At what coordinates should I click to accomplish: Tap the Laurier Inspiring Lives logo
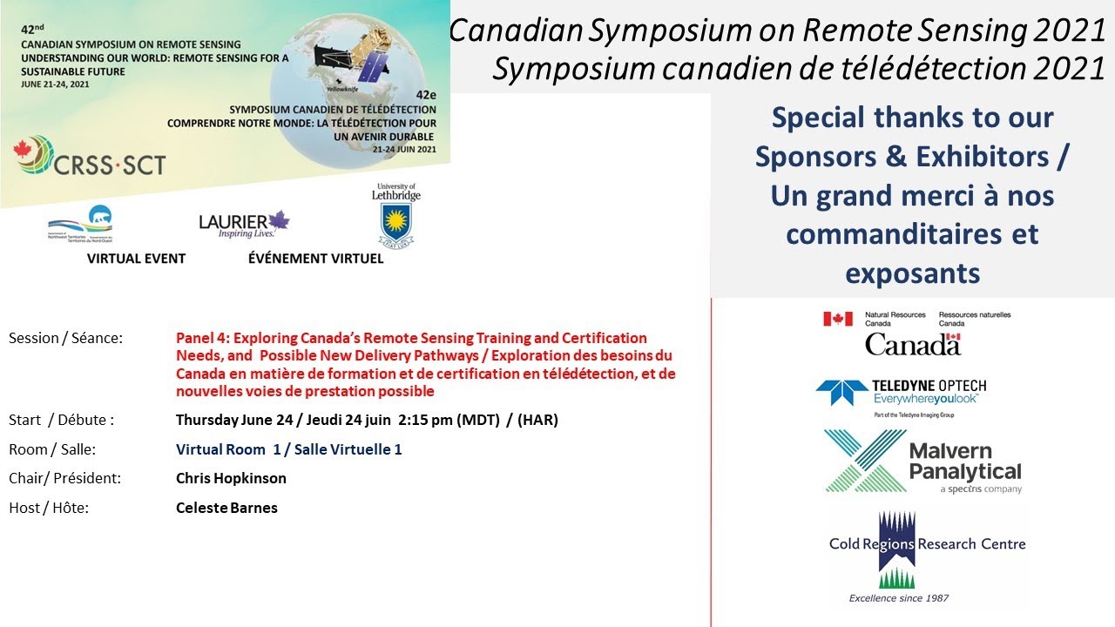(244, 224)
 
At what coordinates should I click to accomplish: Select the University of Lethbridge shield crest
(395, 223)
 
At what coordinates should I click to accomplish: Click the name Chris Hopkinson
(231, 478)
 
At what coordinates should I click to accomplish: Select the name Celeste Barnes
(226, 507)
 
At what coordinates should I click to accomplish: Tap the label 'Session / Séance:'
(65, 338)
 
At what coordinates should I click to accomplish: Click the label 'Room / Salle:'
(52, 449)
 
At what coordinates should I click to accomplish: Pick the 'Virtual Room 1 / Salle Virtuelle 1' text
(288, 449)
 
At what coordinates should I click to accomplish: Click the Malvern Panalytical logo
(923, 462)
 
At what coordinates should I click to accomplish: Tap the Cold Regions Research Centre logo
(927, 549)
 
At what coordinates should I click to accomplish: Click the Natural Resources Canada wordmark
(915, 333)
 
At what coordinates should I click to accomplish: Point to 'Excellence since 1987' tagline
(899, 598)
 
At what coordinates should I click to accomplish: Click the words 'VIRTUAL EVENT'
(136, 259)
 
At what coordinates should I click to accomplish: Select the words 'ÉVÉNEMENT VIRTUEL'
(315, 259)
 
